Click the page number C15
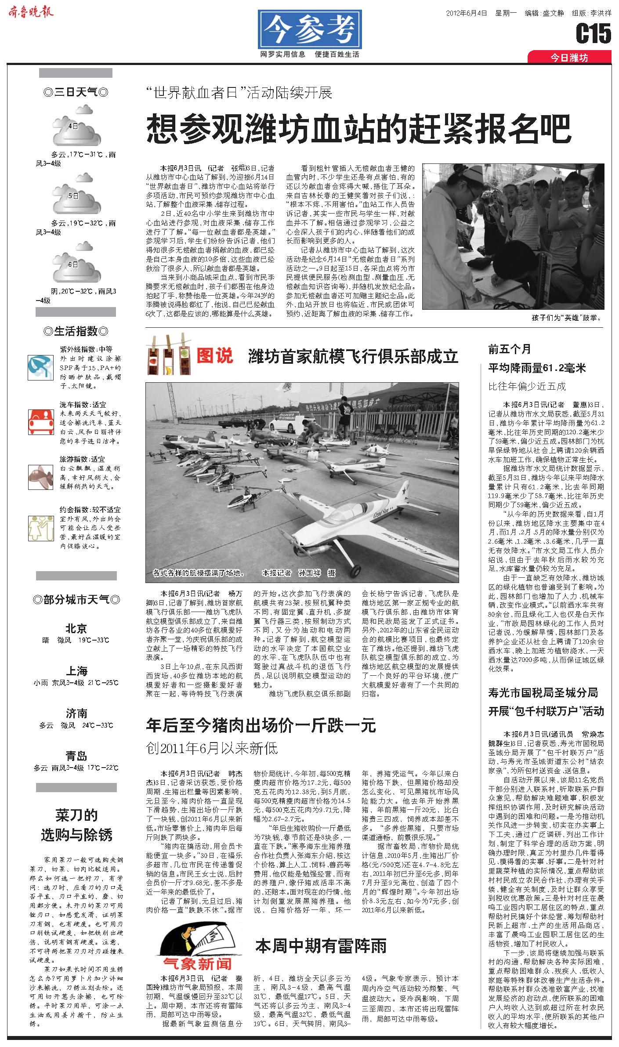593,34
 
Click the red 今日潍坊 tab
569,58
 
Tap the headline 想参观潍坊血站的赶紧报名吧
358,128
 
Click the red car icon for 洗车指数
40,421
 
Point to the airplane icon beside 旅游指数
40,476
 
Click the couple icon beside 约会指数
40,528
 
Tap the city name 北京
76,629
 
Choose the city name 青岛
76,756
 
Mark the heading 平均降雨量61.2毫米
537,368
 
